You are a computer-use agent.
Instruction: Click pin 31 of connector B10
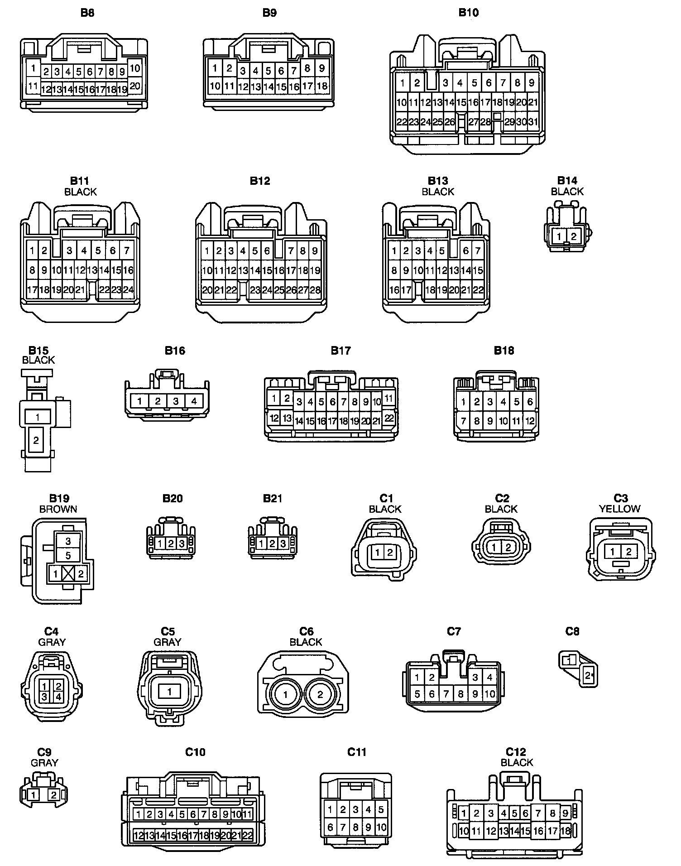(533, 122)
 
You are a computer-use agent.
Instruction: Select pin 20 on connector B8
(135, 86)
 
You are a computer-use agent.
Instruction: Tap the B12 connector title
(260, 181)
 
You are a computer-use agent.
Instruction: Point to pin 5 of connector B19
(68, 555)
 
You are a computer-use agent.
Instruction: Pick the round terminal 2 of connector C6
(320, 694)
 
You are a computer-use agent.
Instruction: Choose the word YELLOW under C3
(619, 509)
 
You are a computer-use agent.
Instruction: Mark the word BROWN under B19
(58, 509)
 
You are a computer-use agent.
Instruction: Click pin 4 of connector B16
(194, 401)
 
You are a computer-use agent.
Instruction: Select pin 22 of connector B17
(389, 418)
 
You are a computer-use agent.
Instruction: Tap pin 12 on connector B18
(530, 421)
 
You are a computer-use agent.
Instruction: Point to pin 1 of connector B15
(38, 417)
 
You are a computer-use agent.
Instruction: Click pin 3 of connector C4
(44, 697)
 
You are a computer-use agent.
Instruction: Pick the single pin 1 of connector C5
(169, 692)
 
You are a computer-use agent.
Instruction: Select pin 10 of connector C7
(489, 693)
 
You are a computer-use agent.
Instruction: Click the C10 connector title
(196, 752)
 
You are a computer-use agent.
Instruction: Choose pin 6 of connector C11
(330, 828)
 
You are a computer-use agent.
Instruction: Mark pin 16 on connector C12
(538, 831)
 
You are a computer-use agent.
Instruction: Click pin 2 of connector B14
(573, 236)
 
